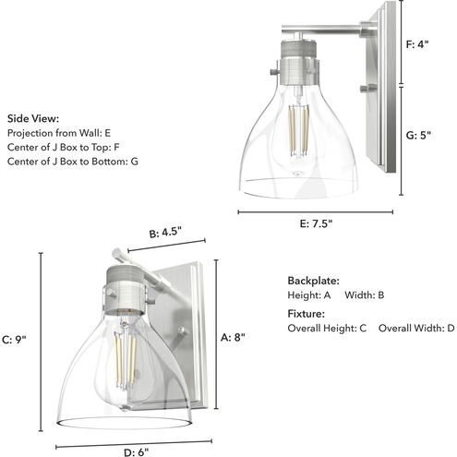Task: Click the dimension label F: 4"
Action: tap(417, 44)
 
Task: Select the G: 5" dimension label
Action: tap(418, 135)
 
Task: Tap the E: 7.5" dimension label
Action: tap(316, 223)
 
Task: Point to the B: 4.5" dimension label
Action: tap(165, 232)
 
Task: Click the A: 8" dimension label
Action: tap(233, 337)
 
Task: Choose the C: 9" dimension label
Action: tap(14, 340)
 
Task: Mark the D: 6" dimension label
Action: tap(136, 452)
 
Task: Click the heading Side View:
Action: tap(33, 118)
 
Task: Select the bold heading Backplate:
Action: tap(313, 281)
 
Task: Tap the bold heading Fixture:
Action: tap(306, 314)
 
